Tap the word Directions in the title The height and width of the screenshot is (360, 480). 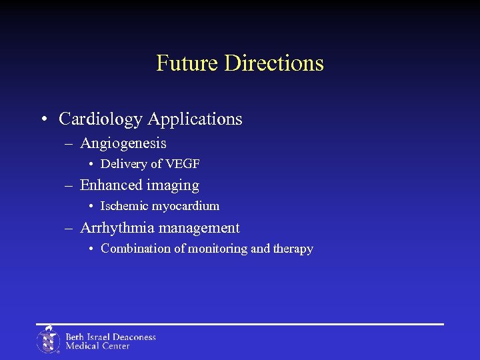coord(274,63)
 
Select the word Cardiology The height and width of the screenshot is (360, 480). coord(101,119)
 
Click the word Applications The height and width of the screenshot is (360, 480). coord(195,119)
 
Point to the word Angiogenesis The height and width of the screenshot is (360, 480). coord(123,143)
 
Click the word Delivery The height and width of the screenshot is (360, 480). coord(123,164)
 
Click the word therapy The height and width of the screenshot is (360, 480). coord(293,249)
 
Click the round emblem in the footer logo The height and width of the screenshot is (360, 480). coord(48,340)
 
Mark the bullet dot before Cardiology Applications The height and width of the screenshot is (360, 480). coord(43,120)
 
